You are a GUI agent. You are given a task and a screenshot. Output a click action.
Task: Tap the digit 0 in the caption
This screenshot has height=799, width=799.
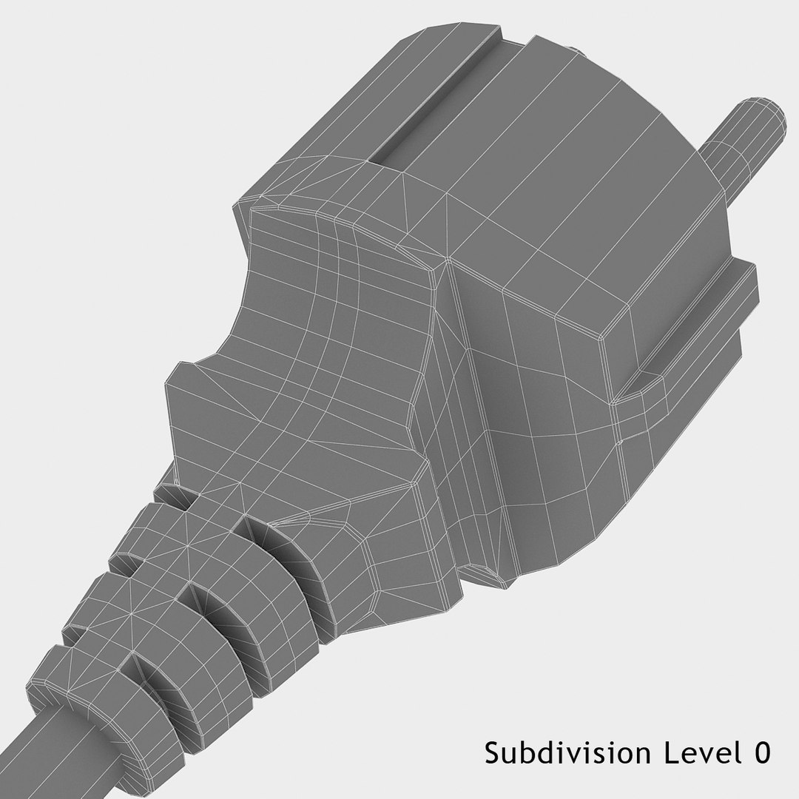point(761,753)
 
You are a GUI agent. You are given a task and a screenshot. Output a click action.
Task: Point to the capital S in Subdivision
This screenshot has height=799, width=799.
point(492,753)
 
